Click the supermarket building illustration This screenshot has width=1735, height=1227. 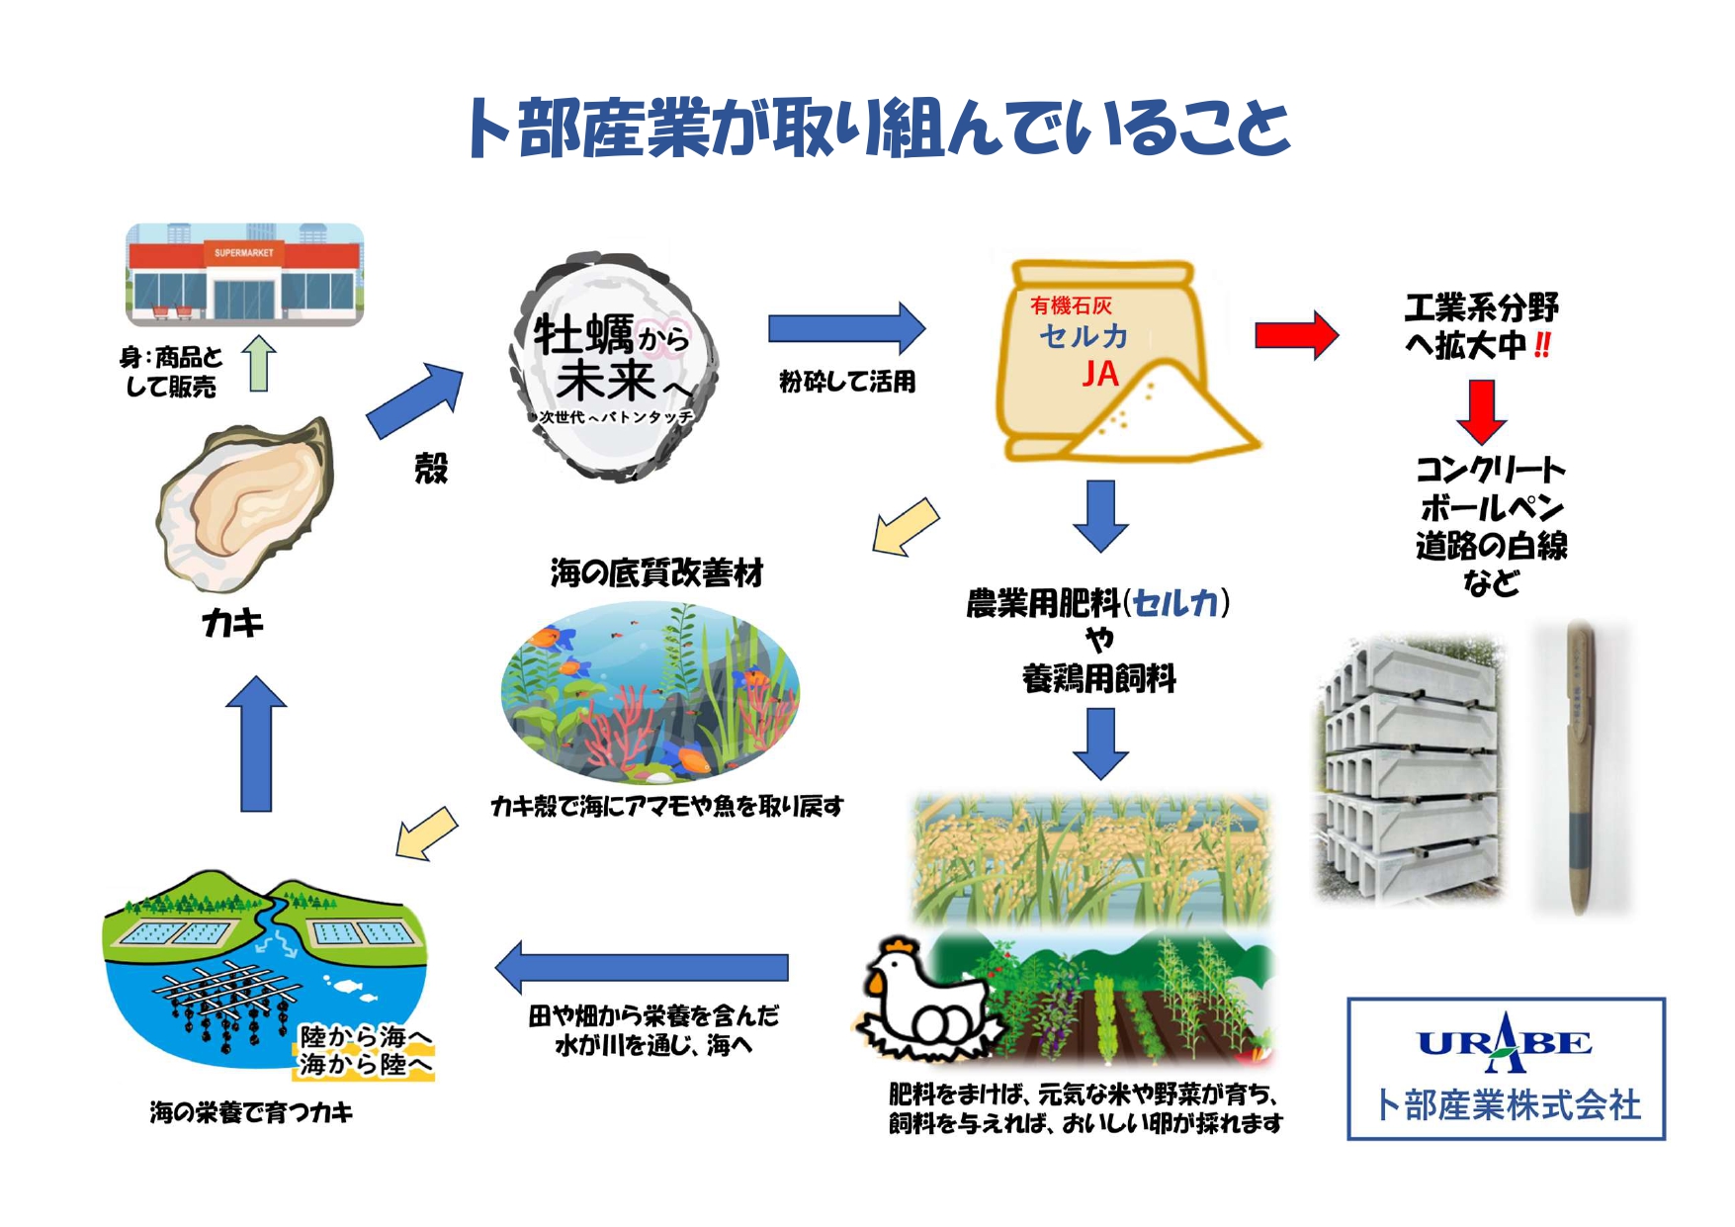(x=244, y=275)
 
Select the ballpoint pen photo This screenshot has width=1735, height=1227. (x=1579, y=766)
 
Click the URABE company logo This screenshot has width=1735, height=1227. (x=1504, y=1042)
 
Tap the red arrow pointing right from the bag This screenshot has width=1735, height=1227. (x=1296, y=335)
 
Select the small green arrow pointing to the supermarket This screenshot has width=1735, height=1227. (x=259, y=363)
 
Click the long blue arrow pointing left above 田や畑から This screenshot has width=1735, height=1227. (x=643, y=967)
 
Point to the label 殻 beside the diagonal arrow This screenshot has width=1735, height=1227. (x=431, y=468)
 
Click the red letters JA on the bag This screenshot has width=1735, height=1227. (x=1099, y=374)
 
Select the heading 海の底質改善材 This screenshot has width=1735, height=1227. (x=656, y=573)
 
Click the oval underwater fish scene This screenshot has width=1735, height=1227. (x=650, y=692)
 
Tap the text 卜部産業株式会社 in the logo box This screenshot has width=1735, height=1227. (x=1508, y=1104)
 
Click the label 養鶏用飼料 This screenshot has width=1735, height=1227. (x=1098, y=679)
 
